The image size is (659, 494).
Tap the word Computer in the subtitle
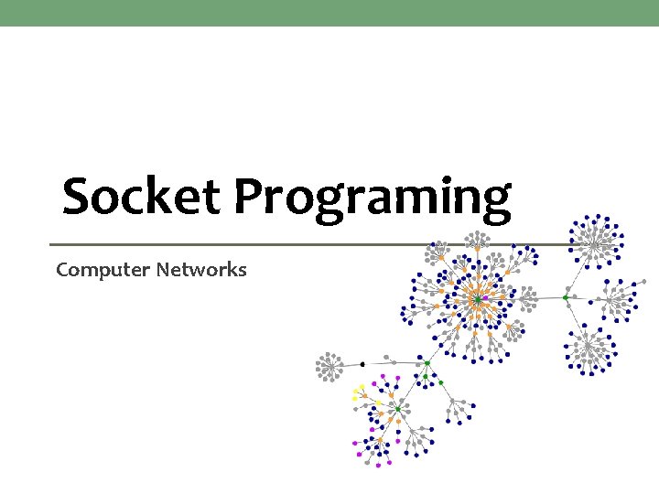click(103, 270)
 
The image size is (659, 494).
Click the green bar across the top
click(329, 13)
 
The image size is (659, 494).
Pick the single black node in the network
click(362, 364)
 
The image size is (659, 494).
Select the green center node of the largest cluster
click(477, 299)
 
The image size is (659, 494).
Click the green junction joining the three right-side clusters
click(566, 297)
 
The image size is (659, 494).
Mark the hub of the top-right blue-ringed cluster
click(595, 242)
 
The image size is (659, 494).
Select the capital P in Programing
click(249, 196)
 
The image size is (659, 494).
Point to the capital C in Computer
click(62, 270)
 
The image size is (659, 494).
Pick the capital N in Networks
click(164, 270)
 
